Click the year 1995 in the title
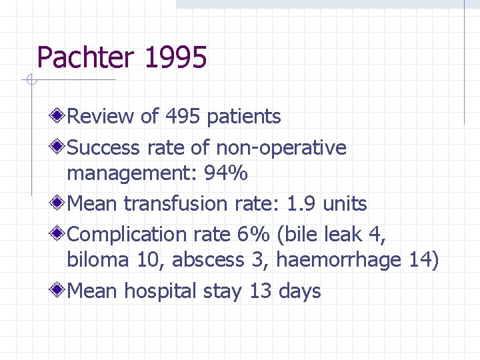point(175,57)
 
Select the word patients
point(243,117)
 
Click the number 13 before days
point(261,291)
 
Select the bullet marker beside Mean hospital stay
point(59,291)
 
